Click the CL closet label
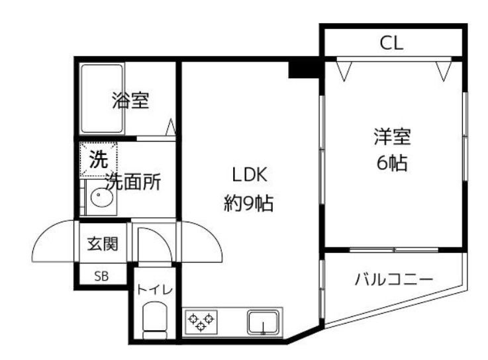tap(391, 44)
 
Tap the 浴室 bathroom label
tap(130, 101)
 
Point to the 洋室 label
tap(392, 138)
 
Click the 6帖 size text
tap(392, 163)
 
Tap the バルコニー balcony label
tap(393, 279)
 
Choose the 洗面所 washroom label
tap(133, 181)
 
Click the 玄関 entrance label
tap(103, 244)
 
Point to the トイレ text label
tap(154, 289)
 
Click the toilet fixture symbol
tap(156, 321)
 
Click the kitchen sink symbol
tap(263, 323)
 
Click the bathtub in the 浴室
tap(102, 98)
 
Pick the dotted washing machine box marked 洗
tap(98, 159)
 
